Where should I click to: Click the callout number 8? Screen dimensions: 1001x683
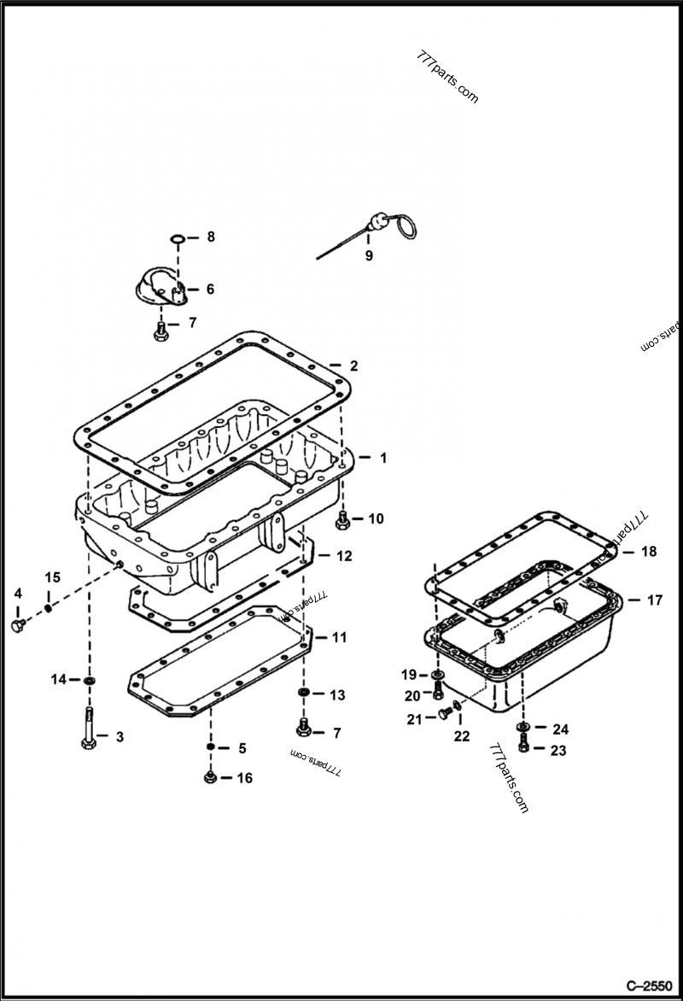click(210, 237)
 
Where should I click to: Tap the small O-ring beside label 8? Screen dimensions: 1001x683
click(178, 237)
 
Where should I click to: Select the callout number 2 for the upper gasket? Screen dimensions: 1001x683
click(353, 366)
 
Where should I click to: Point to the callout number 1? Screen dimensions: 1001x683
click(383, 458)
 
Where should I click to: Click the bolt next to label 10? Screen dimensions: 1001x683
click(342, 518)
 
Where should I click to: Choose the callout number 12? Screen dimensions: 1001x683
click(343, 556)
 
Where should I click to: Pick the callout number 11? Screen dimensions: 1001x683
click(339, 637)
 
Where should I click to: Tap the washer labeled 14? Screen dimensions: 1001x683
click(89, 680)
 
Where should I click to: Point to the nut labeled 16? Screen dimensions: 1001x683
click(210, 777)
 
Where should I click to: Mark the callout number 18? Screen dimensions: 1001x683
click(649, 552)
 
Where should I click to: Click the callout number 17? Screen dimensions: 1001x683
click(654, 600)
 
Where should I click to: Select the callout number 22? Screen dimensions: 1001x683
click(461, 736)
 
